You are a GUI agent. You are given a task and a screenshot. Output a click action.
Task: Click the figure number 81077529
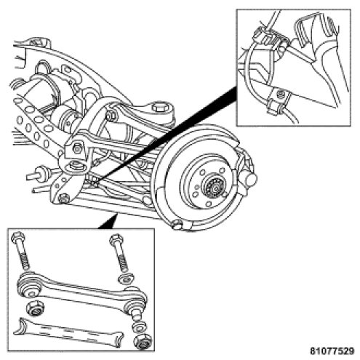tap(332, 351)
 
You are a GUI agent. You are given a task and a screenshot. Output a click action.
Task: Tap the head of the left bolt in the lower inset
tap(17, 238)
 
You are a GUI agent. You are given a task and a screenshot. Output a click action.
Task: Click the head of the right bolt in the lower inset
tap(116, 239)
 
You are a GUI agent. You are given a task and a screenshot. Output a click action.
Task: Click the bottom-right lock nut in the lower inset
tap(142, 341)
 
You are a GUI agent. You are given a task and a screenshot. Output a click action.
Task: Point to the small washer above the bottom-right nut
tap(138, 327)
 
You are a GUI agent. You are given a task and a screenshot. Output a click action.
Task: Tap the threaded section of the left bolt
tap(23, 260)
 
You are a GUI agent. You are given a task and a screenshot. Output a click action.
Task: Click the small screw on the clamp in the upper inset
tap(281, 93)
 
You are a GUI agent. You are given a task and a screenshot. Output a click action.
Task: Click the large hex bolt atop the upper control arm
tap(158, 107)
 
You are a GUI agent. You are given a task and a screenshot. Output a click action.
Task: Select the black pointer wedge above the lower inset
tap(108, 221)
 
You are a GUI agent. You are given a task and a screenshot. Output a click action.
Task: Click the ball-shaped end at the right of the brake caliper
tap(250, 178)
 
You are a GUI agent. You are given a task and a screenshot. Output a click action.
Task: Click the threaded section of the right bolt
tap(123, 263)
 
